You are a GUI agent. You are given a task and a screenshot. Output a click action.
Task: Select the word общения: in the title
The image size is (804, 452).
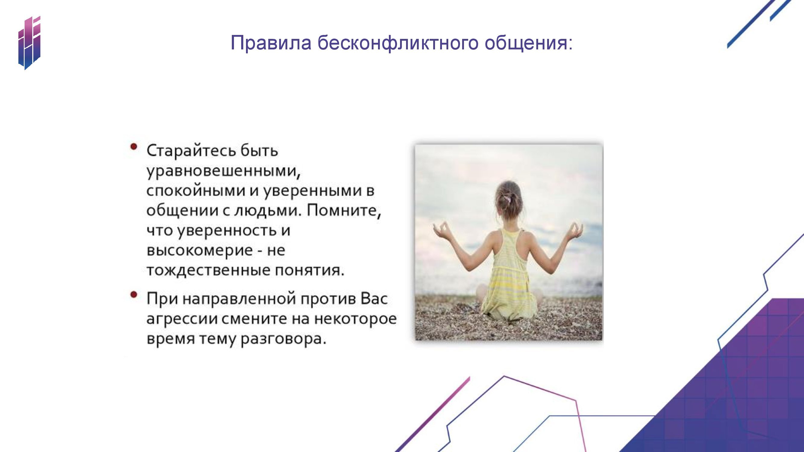click(529, 44)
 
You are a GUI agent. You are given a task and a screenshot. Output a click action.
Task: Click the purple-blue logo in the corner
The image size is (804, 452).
click(29, 43)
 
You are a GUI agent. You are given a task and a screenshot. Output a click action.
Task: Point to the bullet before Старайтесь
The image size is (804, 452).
click(134, 147)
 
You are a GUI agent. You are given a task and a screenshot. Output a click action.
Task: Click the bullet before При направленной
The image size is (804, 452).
click(134, 295)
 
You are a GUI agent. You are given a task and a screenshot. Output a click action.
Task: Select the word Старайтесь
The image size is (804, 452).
click(191, 151)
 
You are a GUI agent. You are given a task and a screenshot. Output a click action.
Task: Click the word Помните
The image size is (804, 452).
click(344, 210)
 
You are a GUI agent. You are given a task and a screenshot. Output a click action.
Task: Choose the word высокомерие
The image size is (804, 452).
click(200, 250)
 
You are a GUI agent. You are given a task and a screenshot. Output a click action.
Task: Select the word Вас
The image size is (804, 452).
click(374, 299)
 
